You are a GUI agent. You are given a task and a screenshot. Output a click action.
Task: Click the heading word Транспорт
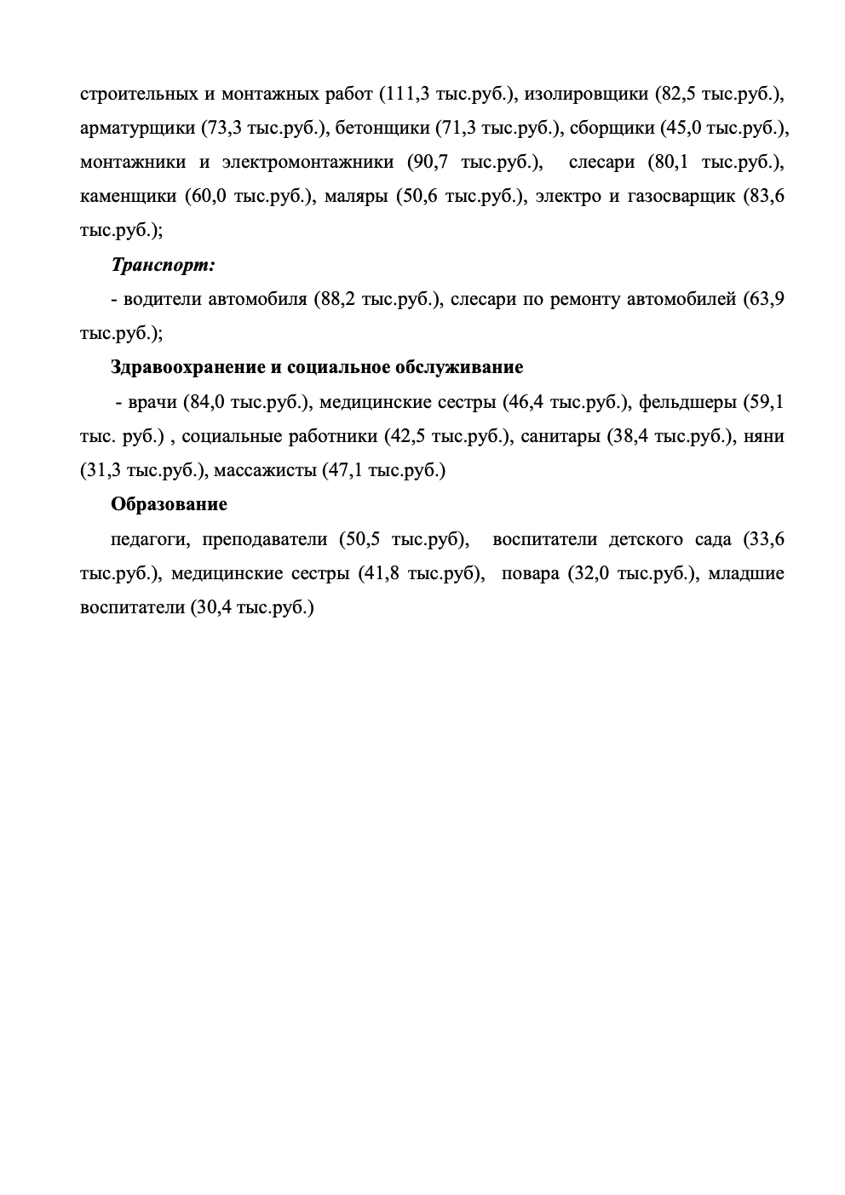(163, 265)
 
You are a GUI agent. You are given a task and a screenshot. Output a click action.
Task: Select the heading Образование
(169, 504)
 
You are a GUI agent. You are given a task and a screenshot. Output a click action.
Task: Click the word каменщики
(129, 197)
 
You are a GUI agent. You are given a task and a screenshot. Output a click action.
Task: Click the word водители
(162, 299)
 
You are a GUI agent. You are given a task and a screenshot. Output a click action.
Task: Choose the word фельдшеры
(687, 401)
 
